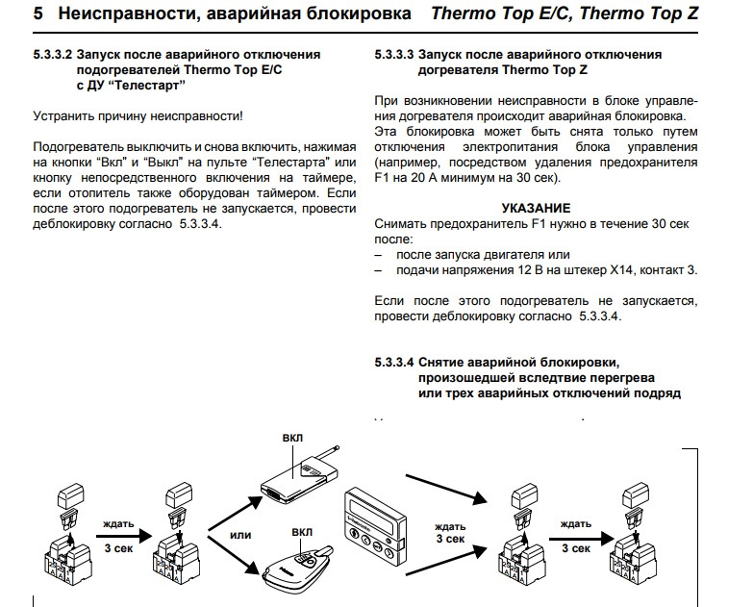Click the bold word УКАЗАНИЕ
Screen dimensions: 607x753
pyautogui.click(x=537, y=208)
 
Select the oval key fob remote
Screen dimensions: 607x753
pyautogui.click(x=297, y=569)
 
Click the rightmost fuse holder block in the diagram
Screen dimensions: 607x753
pyautogui.click(x=636, y=548)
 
